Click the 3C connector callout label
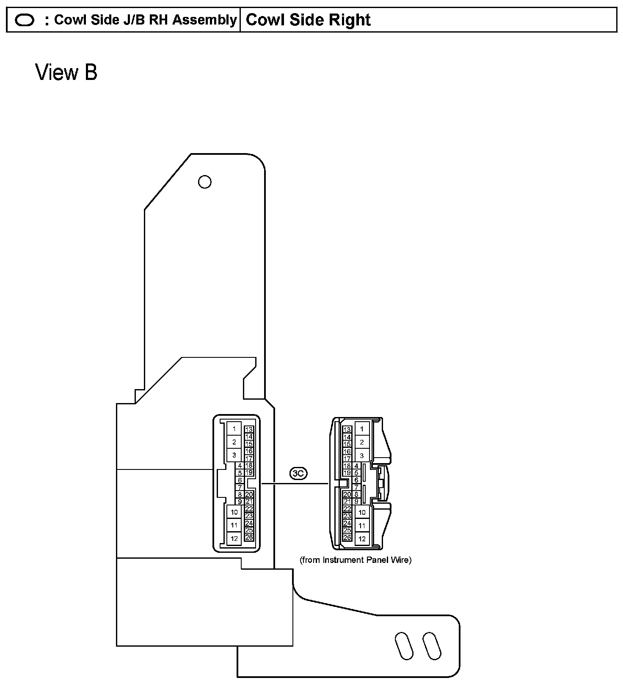[x=298, y=473]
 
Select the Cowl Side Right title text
[x=308, y=20]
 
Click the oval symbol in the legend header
[x=25, y=20]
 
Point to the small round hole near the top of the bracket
[x=205, y=182]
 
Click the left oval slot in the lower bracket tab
[x=404, y=646]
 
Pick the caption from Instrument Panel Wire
[x=356, y=560]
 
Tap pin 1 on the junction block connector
[x=234, y=429]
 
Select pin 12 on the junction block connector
[x=234, y=538]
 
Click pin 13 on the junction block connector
[x=249, y=430]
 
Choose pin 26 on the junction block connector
[x=249, y=537]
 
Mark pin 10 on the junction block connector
[x=234, y=512]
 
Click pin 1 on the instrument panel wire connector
[x=362, y=429]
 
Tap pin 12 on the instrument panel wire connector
[x=362, y=539]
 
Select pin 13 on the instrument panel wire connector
[x=347, y=430]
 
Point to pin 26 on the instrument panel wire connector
[x=347, y=538]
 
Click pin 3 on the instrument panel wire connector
[x=362, y=456]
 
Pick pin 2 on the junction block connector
[x=234, y=442]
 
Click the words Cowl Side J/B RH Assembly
[x=145, y=20]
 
